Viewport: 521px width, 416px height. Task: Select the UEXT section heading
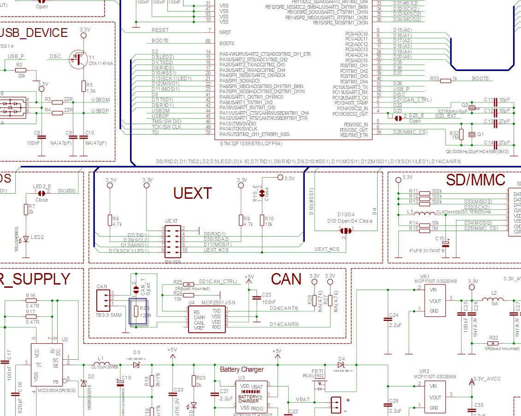tap(192, 193)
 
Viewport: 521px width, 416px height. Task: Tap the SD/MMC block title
tap(476, 179)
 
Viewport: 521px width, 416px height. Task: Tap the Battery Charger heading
tap(242, 369)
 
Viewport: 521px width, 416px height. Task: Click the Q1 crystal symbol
tap(471, 134)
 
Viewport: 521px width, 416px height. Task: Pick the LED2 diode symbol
tap(27, 238)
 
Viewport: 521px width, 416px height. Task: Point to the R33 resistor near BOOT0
tap(445, 80)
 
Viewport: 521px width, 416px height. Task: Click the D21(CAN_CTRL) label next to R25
tap(218, 281)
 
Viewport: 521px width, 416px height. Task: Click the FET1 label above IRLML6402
tap(318, 370)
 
